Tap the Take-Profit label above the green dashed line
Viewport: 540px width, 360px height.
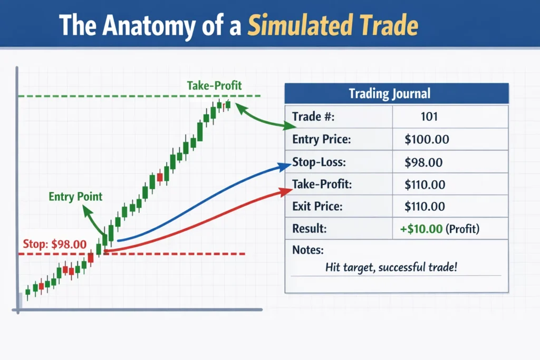(x=214, y=85)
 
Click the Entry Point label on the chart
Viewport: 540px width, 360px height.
(x=75, y=197)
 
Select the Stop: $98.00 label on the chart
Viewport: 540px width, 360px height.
(x=54, y=244)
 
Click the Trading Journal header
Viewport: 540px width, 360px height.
(x=390, y=94)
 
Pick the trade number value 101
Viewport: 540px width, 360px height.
(x=429, y=116)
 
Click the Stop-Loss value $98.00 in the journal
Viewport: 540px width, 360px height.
(x=423, y=163)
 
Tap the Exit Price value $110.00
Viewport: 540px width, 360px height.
(x=425, y=206)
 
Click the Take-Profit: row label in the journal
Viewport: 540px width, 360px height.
(x=322, y=184)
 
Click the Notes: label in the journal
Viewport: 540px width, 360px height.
(x=307, y=250)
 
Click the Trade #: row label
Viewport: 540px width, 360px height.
(x=313, y=116)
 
